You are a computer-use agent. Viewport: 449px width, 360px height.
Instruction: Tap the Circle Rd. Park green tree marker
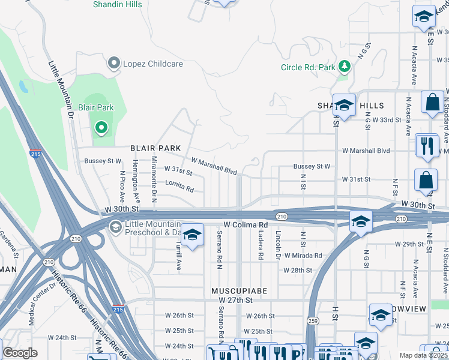[345, 65]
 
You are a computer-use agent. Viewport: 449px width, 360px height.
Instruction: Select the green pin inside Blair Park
[101, 127]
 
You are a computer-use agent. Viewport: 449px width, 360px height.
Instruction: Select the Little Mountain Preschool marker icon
[114, 226]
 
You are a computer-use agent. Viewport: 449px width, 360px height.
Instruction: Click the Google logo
[20, 352]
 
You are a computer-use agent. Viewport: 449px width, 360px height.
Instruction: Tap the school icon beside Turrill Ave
[191, 235]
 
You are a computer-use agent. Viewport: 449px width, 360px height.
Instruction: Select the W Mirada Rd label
[303, 255]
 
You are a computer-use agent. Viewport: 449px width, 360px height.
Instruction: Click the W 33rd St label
[386, 120]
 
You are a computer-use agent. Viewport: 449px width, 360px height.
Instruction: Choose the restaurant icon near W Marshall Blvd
[427, 145]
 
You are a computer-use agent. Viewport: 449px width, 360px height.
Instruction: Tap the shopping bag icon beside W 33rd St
[432, 103]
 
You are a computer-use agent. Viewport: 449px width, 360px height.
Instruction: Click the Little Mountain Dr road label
[61, 88]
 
